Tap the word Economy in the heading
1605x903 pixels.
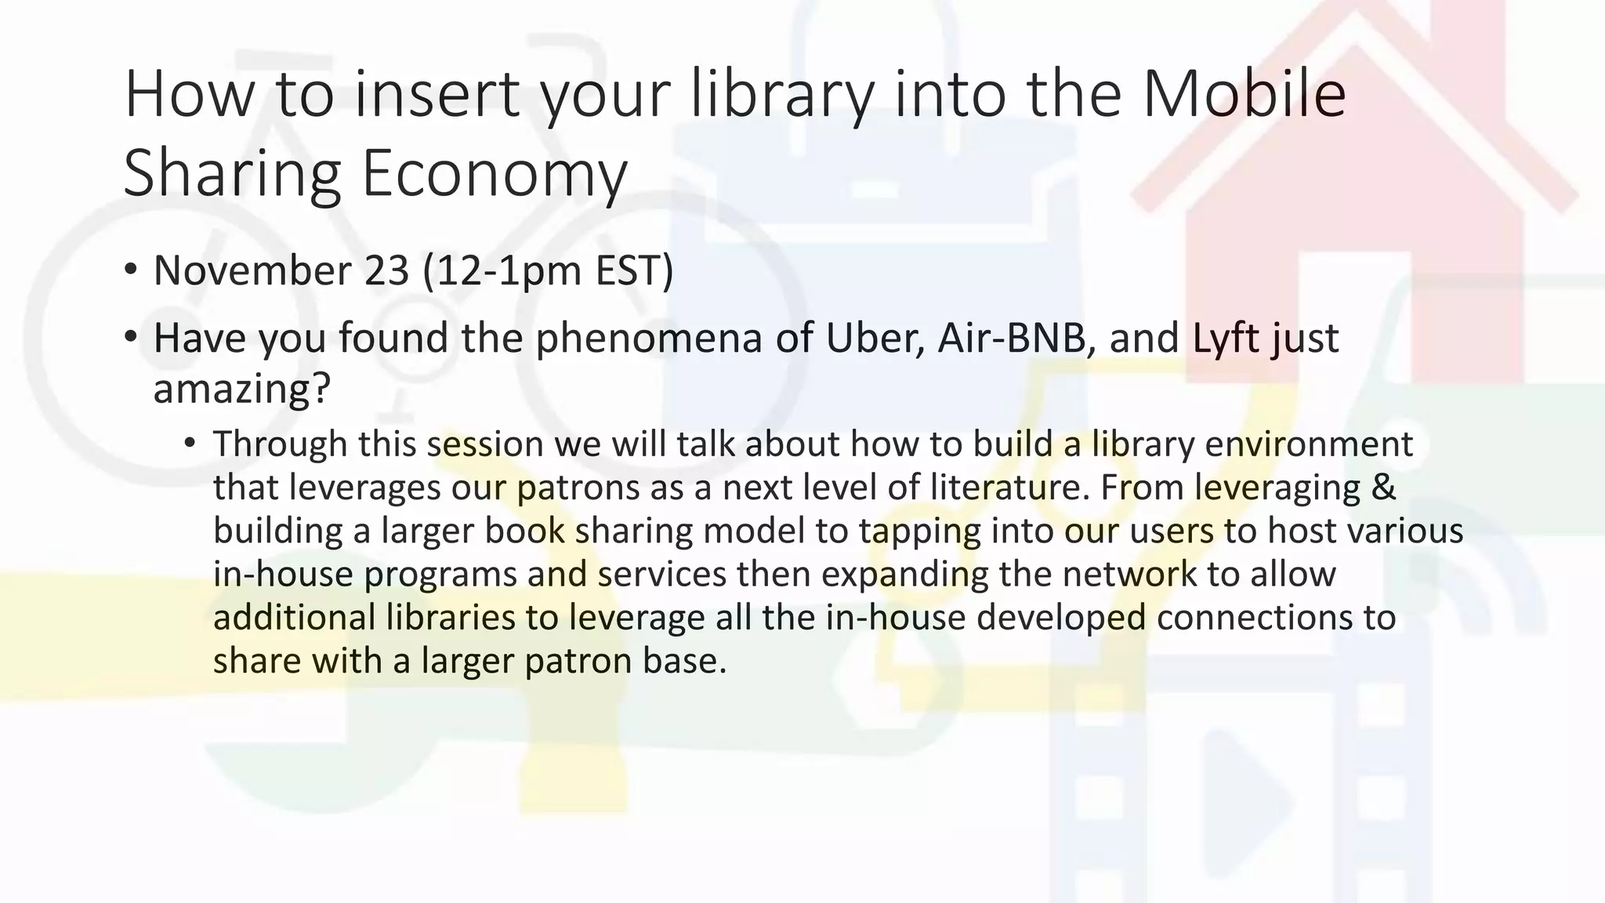495,174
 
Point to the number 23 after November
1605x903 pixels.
386,270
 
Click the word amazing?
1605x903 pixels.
242,389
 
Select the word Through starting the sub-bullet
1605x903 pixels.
280,444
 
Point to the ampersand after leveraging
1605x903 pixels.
1384,487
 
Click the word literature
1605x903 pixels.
1010,487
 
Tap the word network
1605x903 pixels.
1129,574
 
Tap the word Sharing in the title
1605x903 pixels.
233,174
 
